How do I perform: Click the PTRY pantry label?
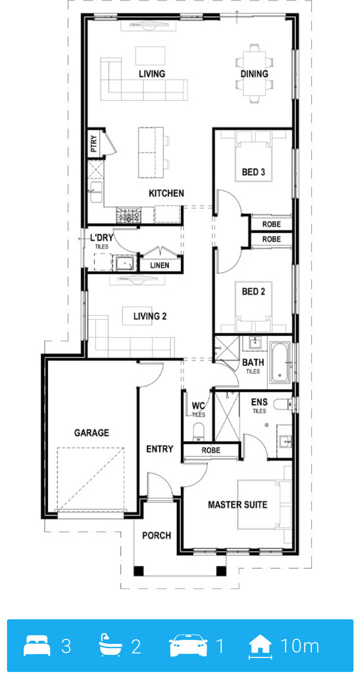(x=94, y=144)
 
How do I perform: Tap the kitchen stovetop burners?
(x=129, y=216)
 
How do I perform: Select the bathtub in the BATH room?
(x=279, y=362)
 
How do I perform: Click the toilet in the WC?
(x=199, y=432)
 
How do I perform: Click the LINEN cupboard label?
(x=160, y=266)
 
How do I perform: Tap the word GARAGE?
(x=92, y=433)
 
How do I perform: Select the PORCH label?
(x=156, y=536)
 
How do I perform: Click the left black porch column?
(x=138, y=571)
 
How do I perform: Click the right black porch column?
(x=221, y=571)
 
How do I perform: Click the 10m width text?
(x=300, y=646)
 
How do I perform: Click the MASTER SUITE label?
(x=238, y=504)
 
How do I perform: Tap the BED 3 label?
(x=253, y=172)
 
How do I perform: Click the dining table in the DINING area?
(x=255, y=73)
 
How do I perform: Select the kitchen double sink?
(x=97, y=192)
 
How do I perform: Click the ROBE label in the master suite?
(x=211, y=450)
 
